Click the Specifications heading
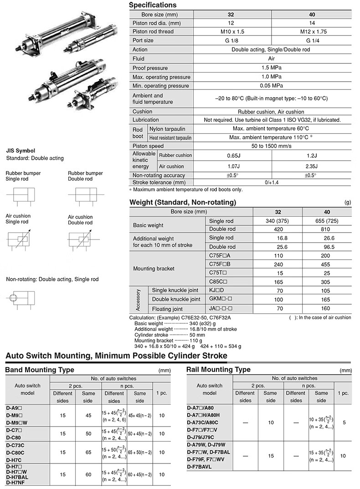153,5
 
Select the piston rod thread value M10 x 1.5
232,32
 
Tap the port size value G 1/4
312,41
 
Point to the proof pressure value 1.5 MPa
272,68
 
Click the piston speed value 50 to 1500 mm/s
272,146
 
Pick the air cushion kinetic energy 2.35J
312,166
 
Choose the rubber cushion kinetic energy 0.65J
232,155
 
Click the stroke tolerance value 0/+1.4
272,182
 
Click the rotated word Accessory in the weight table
139,300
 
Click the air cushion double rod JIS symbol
82,241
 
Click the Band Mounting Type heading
39,369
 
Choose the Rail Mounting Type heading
218,369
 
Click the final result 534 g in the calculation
232,346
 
